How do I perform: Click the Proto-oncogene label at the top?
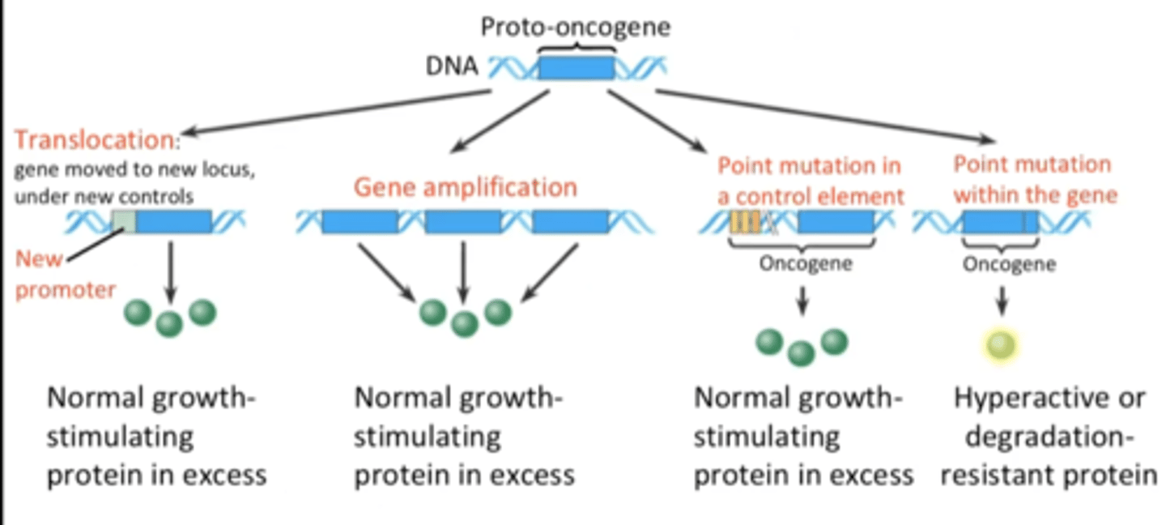576,27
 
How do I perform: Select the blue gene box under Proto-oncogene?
577,67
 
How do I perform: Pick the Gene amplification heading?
465,187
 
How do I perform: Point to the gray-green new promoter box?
123,221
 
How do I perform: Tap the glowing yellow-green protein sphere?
1002,345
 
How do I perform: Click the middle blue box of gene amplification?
462,221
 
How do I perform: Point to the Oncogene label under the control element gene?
805,264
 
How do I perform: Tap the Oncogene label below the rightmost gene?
1009,264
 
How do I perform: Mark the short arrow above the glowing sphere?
1002,301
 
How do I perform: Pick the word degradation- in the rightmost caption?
1049,437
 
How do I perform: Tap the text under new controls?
104,197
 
